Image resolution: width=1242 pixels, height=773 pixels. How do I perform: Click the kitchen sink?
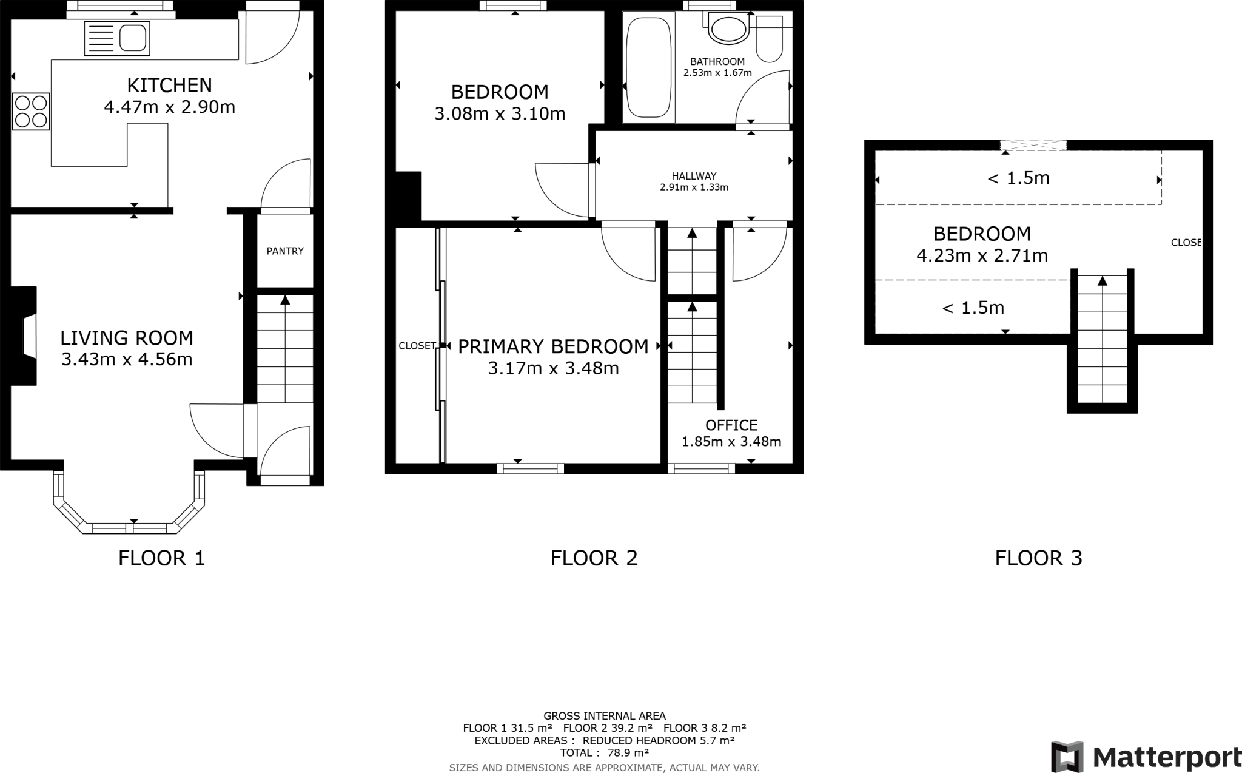117,38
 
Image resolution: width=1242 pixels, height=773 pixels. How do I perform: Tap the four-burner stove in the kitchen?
31,111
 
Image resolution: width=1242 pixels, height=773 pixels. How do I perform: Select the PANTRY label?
285,251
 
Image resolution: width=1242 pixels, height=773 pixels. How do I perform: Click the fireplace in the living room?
25,336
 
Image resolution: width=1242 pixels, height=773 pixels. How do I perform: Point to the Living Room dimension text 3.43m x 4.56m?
127,360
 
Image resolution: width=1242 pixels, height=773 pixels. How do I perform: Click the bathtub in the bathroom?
649,67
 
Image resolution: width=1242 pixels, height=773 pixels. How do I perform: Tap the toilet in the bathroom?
770,39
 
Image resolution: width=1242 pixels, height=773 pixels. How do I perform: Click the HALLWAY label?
694,176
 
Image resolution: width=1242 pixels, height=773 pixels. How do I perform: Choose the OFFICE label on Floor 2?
731,425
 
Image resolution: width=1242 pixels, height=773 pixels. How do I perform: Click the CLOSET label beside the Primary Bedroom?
417,346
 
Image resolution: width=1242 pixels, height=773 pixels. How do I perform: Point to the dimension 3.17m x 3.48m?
553,368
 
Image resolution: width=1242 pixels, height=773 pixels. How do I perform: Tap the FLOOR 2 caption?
594,558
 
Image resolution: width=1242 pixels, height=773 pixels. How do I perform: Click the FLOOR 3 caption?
1038,558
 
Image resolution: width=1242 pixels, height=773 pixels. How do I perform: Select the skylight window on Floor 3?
1033,145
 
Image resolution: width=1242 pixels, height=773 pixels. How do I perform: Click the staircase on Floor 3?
1102,340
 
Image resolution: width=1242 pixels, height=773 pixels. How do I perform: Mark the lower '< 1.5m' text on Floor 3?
973,308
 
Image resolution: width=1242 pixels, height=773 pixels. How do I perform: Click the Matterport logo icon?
1067,757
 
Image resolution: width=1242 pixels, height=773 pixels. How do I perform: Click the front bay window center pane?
133,528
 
